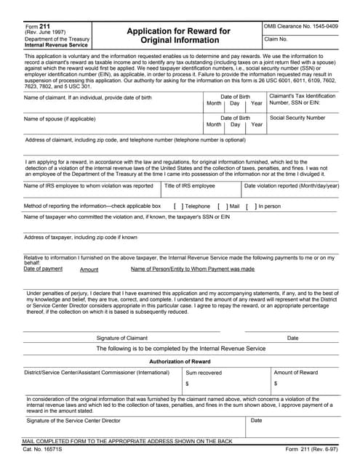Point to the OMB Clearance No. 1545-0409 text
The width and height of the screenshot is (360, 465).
coord(301,27)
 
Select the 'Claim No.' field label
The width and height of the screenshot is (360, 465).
coord(277,39)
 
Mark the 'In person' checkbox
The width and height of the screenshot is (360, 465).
coord(249,206)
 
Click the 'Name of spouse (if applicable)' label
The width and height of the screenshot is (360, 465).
coord(62,118)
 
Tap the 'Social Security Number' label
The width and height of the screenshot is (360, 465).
coord(297,118)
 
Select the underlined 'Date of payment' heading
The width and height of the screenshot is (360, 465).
coord(43,269)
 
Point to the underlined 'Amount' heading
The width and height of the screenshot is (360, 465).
coord(89,270)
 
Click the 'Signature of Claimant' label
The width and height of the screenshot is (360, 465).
coord(122,338)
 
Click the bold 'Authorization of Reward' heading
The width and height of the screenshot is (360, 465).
coord(180,361)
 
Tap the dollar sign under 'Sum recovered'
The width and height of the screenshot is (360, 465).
coord(187,383)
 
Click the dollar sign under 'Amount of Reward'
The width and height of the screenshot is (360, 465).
coord(275,383)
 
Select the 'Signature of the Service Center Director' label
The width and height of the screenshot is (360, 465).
coord(73,421)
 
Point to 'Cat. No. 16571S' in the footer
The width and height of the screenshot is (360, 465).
coord(43,450)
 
